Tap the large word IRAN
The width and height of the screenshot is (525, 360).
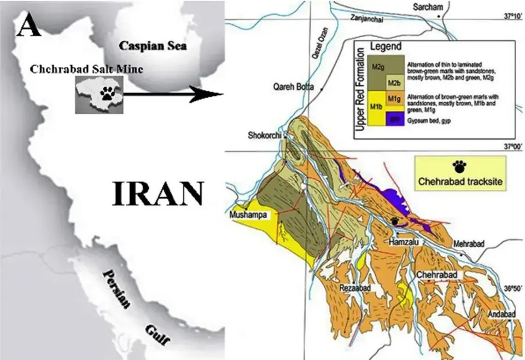[158, 194]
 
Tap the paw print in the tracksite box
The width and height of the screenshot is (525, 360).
[458, 165]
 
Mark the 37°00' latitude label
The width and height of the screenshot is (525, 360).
[512, 146]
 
